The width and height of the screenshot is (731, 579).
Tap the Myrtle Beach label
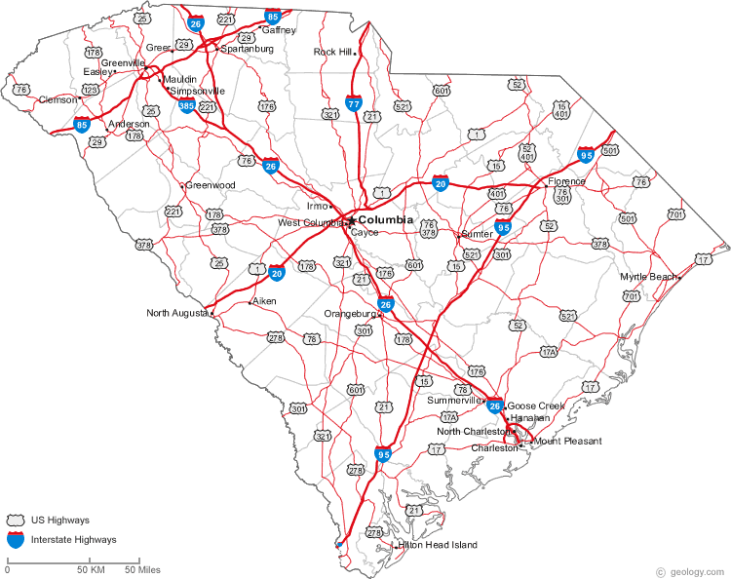tap(647, 277)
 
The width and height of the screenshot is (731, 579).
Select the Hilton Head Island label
tap(439, 545)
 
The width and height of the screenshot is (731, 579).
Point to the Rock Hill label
tap(331, 52)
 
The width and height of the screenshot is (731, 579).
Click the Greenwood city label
tap(211, 184)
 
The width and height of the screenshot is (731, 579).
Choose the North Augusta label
tap(176, 313)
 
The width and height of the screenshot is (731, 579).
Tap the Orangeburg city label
tap(350, 314)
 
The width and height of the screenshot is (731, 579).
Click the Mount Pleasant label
tap(567, 441)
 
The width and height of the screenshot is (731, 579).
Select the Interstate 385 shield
tap(186, 103)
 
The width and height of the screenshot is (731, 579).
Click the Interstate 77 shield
tap(354, 101)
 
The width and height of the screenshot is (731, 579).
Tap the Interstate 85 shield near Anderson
tap(83, 124)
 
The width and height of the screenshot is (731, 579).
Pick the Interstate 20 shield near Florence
tap(441, 182)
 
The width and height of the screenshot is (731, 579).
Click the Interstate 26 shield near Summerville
tap(495, 405)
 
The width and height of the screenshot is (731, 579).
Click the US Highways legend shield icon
tap(16, 520)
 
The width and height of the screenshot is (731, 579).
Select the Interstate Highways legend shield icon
tap(16, 538)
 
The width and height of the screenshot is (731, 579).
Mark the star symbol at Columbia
tap(352, 221)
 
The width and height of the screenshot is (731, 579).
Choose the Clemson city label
tap(58, 99)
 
